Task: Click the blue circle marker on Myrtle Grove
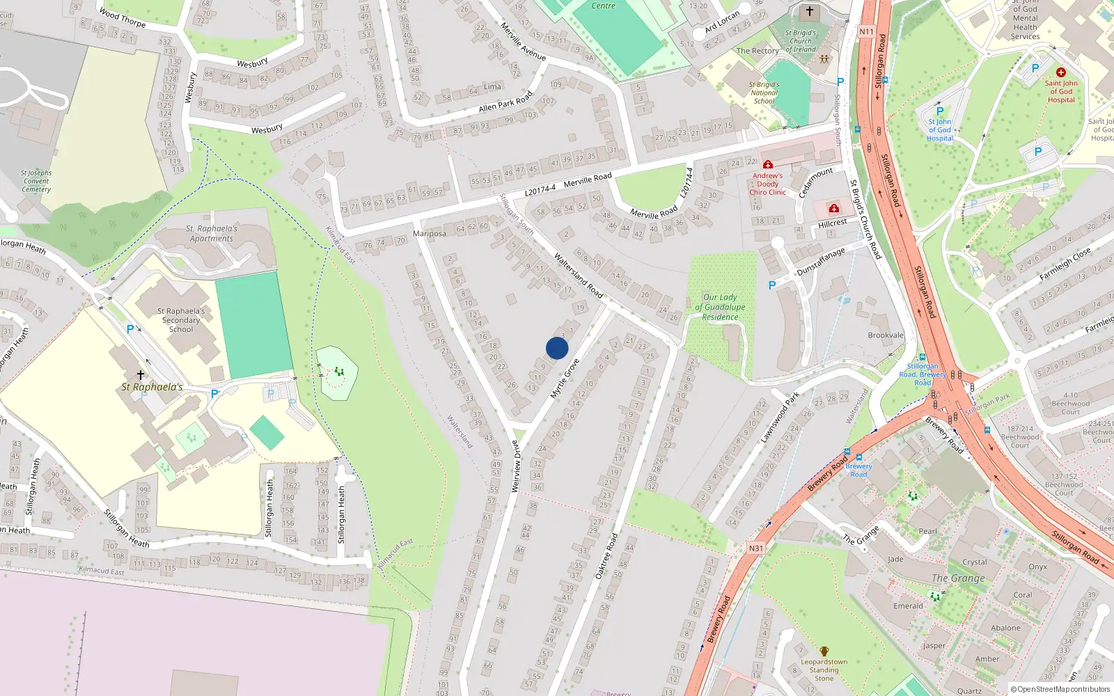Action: pos(557,348)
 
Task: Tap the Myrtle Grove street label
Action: pos(565,379)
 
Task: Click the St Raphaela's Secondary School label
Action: pos(181,320)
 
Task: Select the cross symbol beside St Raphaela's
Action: pos(140,375)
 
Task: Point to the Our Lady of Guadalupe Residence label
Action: pos(720,307)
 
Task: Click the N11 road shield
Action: pos(866,31)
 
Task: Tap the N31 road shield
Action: pos(756,548)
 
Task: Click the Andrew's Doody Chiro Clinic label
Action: pos(767,184)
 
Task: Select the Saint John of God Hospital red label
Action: pos(1061,91)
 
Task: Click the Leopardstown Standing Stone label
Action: pos(824,670)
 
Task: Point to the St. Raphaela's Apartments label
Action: pos(212,233)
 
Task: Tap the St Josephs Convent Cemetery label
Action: pos(36,181)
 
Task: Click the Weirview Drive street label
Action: pos(516,466)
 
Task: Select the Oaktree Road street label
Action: pos(606,557)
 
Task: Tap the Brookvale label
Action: pos(886,335)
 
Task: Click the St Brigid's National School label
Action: pos(764,93)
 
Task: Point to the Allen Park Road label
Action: pos(505,102)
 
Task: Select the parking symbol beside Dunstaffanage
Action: pos(771,285)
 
